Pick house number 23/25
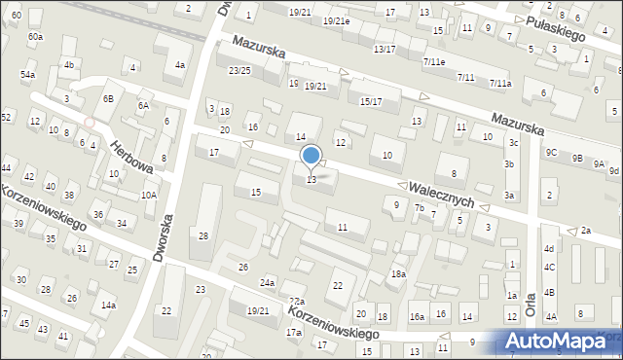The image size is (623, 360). [239, 71]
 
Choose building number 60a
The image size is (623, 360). [35, 36]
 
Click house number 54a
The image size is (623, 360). [28, 75]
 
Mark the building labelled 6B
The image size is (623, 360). [109, 98]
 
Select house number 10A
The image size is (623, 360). [148, 195]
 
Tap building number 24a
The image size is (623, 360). [268, 282]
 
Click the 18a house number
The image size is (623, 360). [398, 274]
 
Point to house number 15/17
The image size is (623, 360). [371, 102]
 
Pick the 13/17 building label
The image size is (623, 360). [385, 49]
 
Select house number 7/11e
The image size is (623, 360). [434, 61]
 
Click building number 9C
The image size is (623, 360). [551, 152]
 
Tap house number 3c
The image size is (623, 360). [513, 143]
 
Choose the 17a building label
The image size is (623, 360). [293, 333]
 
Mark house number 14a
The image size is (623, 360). [108, 306]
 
